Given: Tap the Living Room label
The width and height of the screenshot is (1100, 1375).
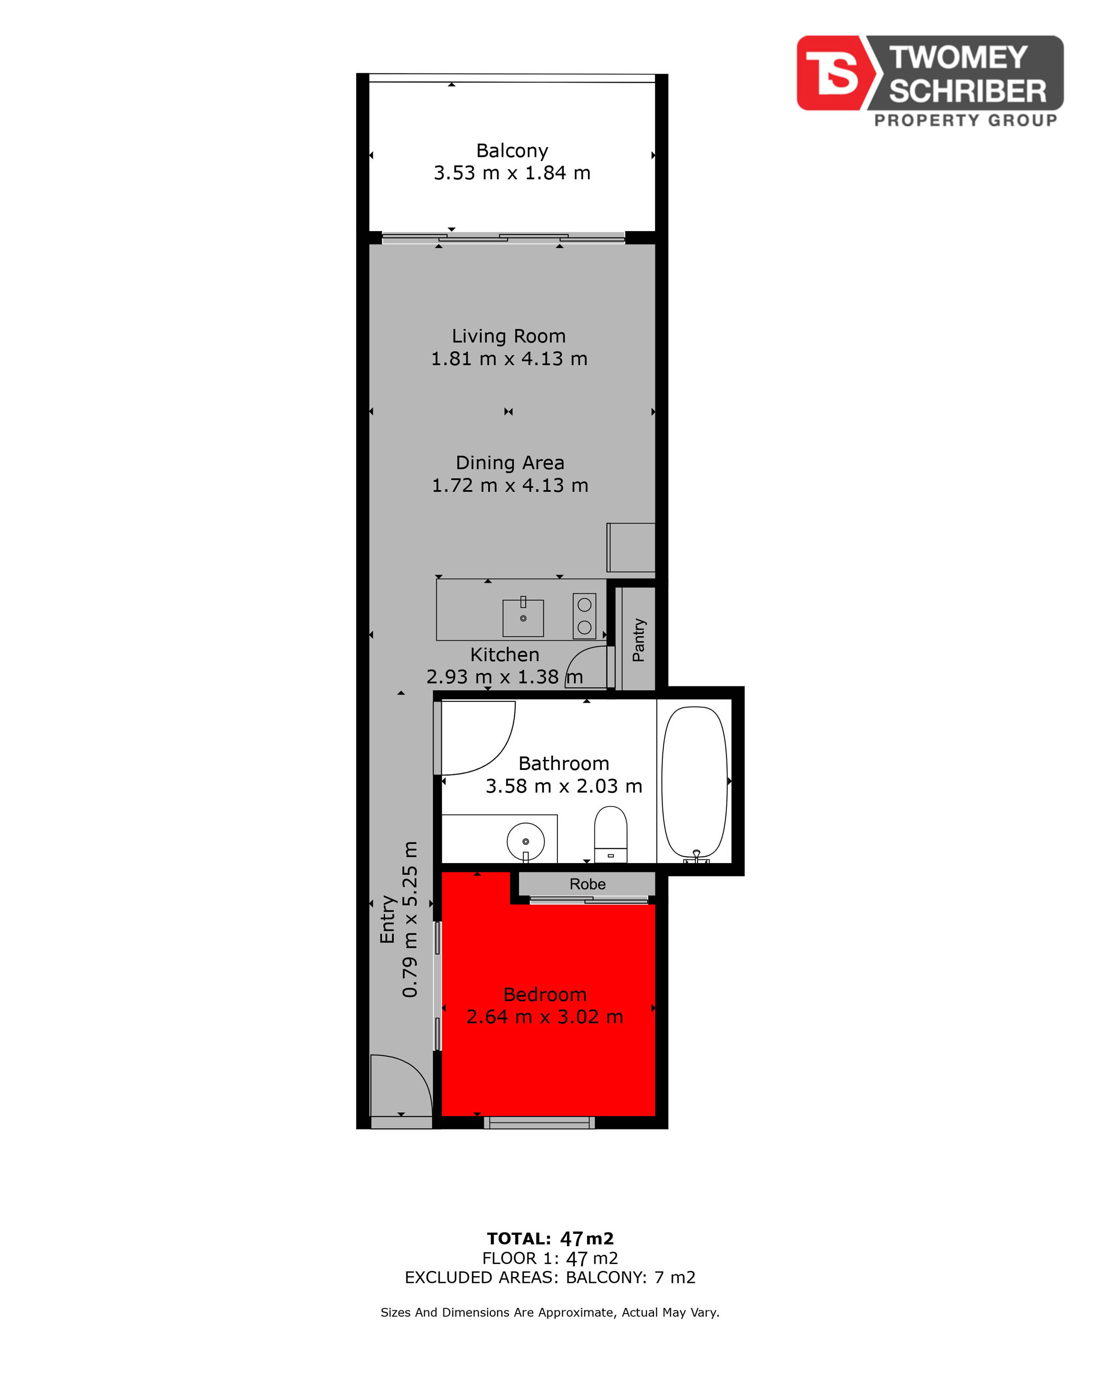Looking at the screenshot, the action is tap(508, 336).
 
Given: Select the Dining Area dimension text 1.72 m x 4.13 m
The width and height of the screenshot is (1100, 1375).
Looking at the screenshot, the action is tap(510, 485).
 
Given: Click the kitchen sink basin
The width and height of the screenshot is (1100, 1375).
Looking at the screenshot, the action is tap(523, 618).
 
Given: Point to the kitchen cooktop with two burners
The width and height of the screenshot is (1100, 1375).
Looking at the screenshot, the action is tap(584, 616).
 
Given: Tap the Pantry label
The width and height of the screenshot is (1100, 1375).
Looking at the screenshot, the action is tap(638, 640).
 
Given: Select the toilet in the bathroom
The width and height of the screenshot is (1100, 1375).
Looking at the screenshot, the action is tap(610, 835).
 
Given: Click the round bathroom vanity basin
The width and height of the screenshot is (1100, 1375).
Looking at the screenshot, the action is tap(525, 842).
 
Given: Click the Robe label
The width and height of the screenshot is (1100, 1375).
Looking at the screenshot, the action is tap(587, 884).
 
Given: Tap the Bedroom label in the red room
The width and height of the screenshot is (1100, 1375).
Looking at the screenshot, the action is tap(544, 994).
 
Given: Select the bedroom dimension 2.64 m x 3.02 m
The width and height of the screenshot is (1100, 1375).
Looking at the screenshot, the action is tap(544, 1017).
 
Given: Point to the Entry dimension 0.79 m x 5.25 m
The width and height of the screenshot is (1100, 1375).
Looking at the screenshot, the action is tap(409, 919).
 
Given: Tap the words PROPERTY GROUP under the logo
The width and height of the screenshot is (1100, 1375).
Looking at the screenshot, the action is tap(965, 121).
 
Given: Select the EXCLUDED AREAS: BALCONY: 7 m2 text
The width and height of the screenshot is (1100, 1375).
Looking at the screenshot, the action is tap(550, 1277).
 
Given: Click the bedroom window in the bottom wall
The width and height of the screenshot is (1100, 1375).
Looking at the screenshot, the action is tap(539, 1122).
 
